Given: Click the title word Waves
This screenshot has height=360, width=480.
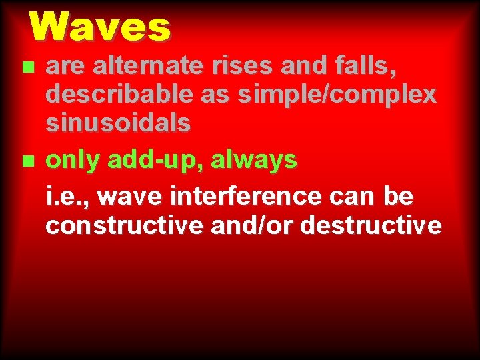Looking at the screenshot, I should [100, 27].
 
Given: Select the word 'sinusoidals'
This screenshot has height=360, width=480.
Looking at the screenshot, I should [118, 123].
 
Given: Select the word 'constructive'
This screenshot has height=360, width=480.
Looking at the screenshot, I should [125, 225].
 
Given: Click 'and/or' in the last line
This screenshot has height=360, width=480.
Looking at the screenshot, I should [253, 225].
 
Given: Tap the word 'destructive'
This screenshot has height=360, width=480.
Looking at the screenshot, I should [371, 225].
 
